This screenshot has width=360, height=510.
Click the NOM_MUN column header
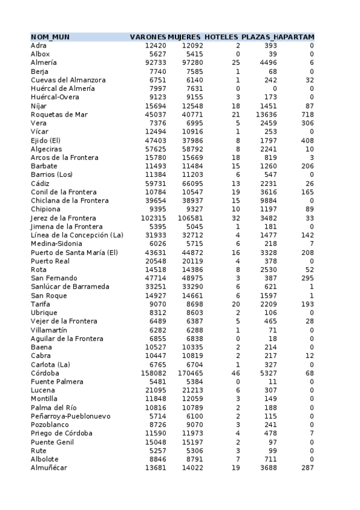[x=50, y=37]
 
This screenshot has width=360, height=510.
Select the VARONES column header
[x=148, y=37]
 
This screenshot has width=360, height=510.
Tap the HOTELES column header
[x=221, y=37]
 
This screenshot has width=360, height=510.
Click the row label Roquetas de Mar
[x=59, y=114]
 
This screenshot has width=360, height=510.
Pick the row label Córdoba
[x=45, y=373]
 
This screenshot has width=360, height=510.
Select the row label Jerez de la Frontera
[x=63, y=218]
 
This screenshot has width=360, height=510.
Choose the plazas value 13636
[x=266, y=114]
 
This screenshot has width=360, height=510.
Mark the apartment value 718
[x=307, y=114]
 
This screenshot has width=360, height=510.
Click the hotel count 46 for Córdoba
[x=236, y=373]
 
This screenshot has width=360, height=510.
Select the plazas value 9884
[x=268, y=200]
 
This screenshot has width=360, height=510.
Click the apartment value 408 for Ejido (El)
[x=307, y=140]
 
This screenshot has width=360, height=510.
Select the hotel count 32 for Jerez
[x=236, y=218]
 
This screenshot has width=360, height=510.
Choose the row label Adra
[x=38, y=46]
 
